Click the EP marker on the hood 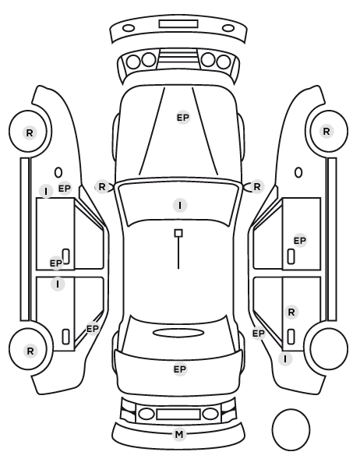[x=183, y=118]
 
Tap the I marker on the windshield [x=180, y=206]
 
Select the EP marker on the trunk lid [x=180, y=369]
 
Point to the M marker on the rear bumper [x=179, y=435]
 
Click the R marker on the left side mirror [x=102, y=187]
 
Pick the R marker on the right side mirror [x=257, y=187]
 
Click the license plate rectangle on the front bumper [x=178, y=24]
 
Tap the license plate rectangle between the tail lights [x=178, y=415]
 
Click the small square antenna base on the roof [x=178, y=233]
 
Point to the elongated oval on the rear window [x=178, y=333]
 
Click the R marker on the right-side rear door [x=291, y=312]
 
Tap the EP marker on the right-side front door [x=300, y=241]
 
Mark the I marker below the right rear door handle [x=285, y=359]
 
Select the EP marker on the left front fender [x=65, y=189]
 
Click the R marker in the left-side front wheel [x=30, y=132]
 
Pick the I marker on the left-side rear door [x=58, y=284]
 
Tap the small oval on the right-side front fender [x=298, y=172]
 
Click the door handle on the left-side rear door [x=65, y=337]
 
